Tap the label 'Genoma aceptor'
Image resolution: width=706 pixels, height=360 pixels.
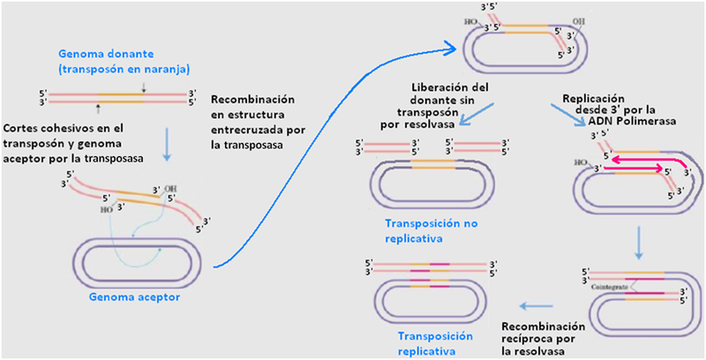pos(134,296)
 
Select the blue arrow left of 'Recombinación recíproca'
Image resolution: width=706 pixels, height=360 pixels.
pos(535,307)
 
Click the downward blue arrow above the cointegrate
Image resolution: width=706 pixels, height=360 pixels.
pos(636,241)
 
